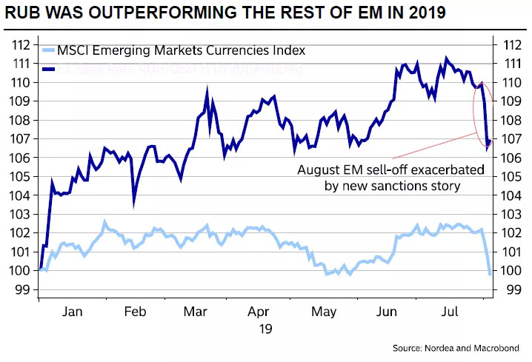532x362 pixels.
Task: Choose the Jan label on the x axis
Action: [x=72, y=312]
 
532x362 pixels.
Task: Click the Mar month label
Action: [x=196, y=312]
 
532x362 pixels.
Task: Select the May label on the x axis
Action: [x=325, y=312]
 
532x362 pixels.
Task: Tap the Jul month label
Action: [x=450, y=312]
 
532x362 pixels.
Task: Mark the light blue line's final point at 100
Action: [x=490, y=273]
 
